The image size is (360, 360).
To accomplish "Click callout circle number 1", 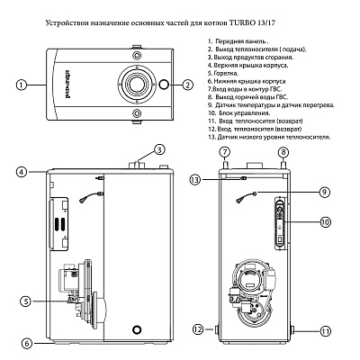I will point(19,85).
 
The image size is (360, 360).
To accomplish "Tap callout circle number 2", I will point(187,85).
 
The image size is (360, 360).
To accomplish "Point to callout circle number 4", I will point(19,169).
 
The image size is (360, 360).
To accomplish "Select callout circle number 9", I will point(325,191).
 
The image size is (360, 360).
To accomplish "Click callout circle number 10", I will point(325,221).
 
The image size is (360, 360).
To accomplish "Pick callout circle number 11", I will point(325,330).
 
